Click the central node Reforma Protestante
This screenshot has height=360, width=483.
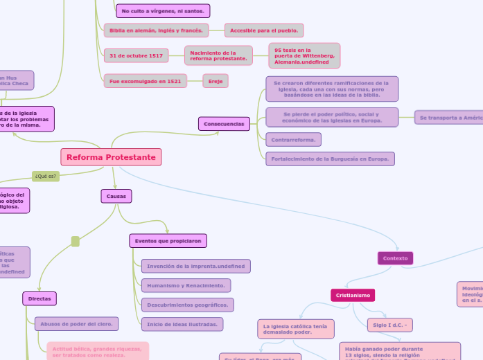coord(111,157)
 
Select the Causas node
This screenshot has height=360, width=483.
coord(116,197)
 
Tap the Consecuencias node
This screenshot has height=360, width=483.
coord(224,124)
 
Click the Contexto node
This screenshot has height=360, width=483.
coord(395,258)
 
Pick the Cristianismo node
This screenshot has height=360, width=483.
coord(353,296)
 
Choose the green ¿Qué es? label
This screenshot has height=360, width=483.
coord(46,177)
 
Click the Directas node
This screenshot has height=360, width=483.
coord(39,298)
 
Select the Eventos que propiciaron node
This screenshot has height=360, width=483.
coord(168,241)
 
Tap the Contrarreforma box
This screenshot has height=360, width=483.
coord(293,140)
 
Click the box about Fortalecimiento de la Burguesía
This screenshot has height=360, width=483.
coord(330,159)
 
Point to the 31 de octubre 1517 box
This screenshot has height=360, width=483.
coord(136,55)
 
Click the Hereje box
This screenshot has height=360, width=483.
coord(216,81)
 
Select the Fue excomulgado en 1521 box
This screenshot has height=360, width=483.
coord(145,81)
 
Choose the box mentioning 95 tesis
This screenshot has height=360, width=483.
coord(304,56)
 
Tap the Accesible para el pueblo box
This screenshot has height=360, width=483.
coord(264,30)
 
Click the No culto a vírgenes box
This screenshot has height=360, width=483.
coord(163,11)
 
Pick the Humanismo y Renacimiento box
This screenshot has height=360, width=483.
coord(186,285)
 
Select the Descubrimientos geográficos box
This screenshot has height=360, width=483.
coord(187,305)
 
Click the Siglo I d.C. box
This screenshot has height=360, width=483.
coord(390,325)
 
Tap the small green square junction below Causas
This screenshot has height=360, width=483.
coord(76,242)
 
